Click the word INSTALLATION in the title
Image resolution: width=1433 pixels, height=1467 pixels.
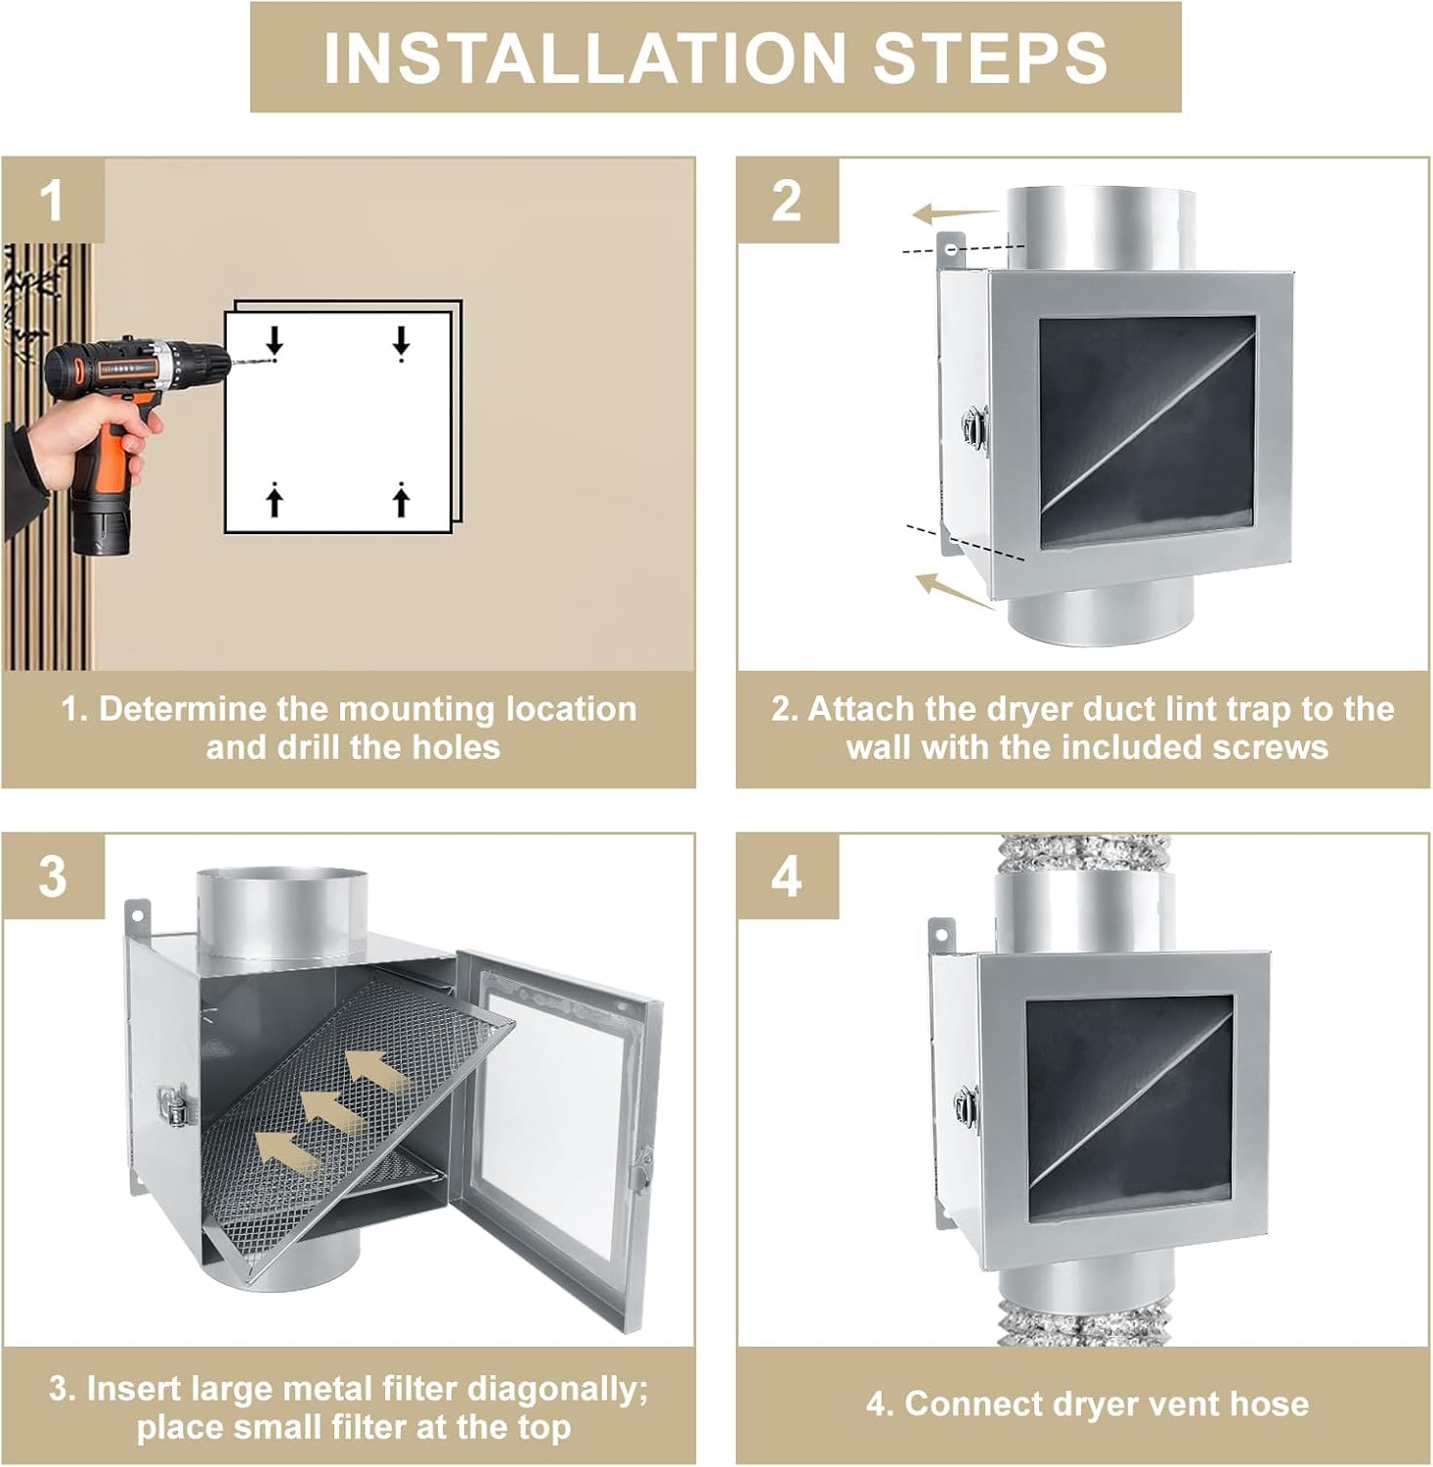584,58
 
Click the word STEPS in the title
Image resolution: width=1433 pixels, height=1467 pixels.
990,58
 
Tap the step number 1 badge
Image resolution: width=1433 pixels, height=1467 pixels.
53,200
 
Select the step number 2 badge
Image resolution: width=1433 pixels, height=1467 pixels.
787,200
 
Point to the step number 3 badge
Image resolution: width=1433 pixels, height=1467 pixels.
53,876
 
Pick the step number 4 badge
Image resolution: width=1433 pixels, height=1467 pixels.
787,876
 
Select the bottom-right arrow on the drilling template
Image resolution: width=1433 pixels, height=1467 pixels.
401,500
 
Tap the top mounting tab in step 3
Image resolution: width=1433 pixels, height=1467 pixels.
138,915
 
